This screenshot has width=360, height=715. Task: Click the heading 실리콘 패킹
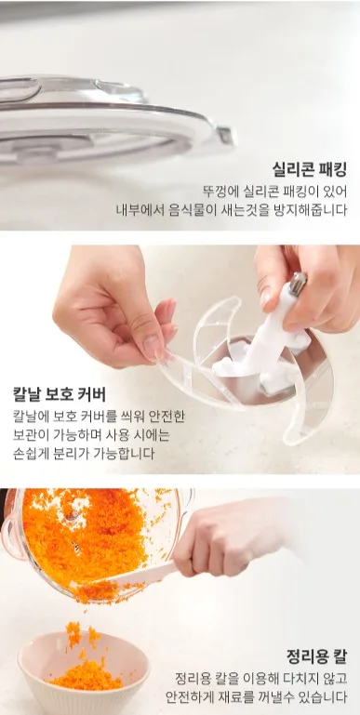pos(310,169)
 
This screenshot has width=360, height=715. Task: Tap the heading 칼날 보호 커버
pos(60,394)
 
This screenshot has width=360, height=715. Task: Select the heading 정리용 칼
pos(316,656)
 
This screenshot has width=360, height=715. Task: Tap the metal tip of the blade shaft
pos(299,283)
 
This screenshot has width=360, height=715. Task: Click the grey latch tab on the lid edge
pos(225,136)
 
